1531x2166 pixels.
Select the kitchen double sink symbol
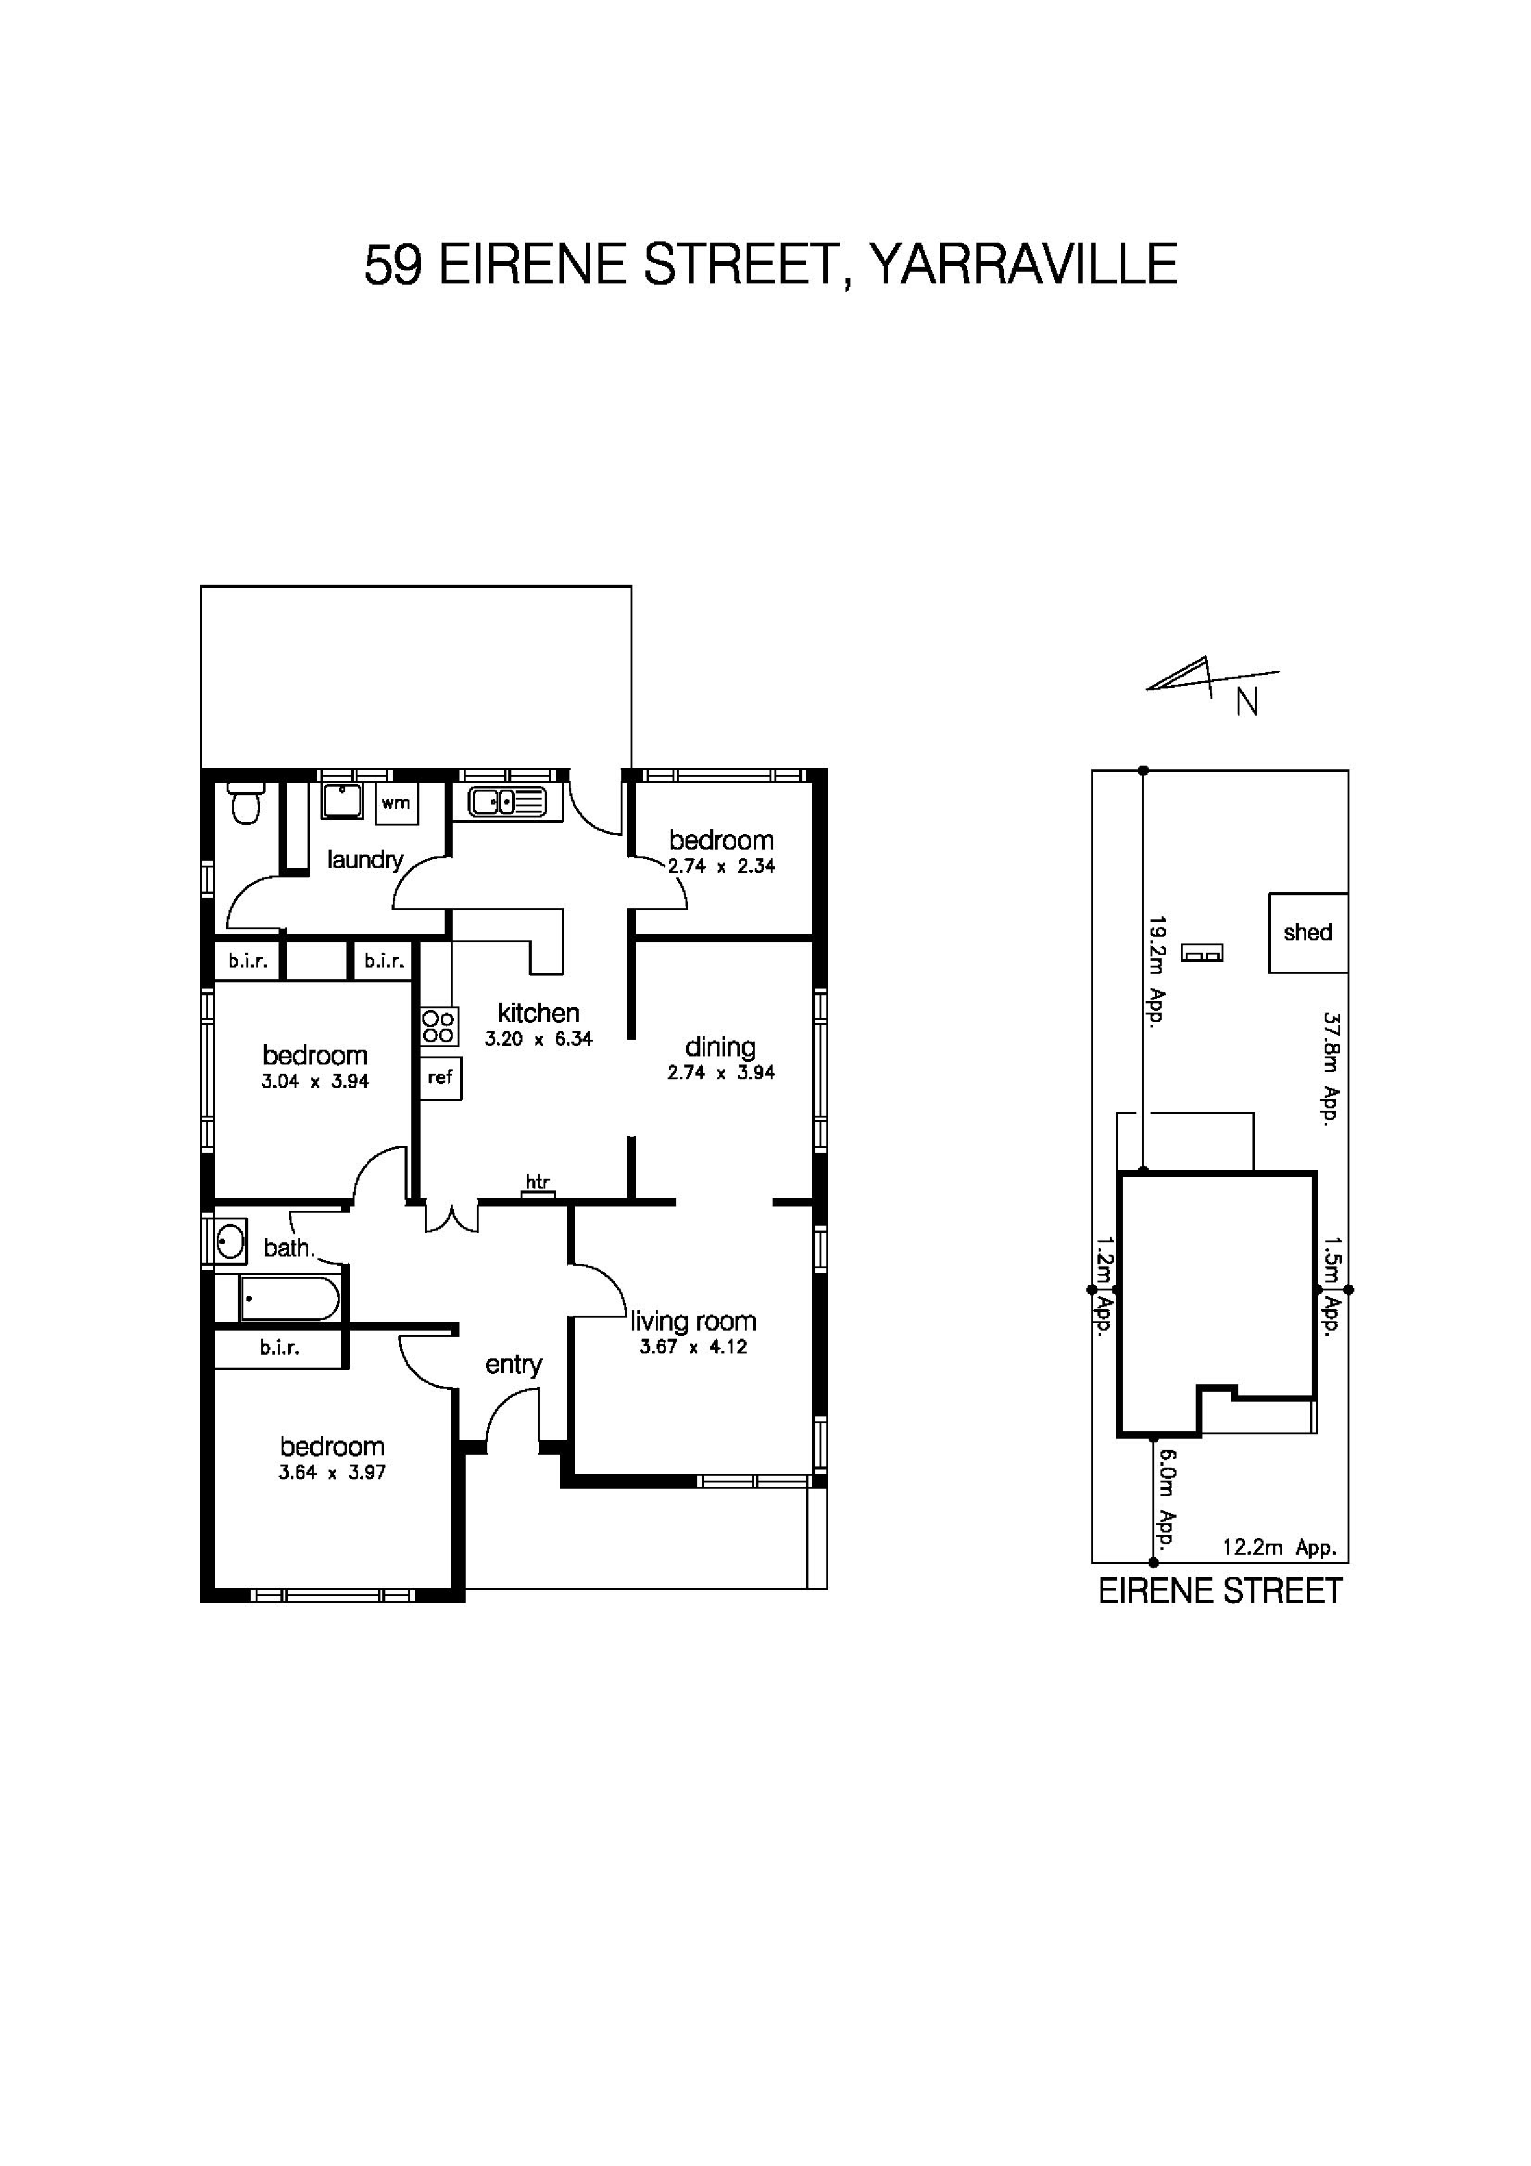(506, 803)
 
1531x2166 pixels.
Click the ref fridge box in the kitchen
(440, 1077)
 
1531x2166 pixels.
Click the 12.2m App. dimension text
(1279, 1548)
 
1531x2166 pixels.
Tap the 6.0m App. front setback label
(1167, 1500)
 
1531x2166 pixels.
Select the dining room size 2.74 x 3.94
(721, 1073)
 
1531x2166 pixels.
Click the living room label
(694, 1322)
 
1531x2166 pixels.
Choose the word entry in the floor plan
(513, 1365)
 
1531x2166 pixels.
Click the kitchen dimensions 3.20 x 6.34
(539, 1040)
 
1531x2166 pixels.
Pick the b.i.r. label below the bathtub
(280, 1349)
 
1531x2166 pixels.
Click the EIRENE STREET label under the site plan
(1220, 1592)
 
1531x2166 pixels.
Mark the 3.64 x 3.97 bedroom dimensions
(332, 1473)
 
